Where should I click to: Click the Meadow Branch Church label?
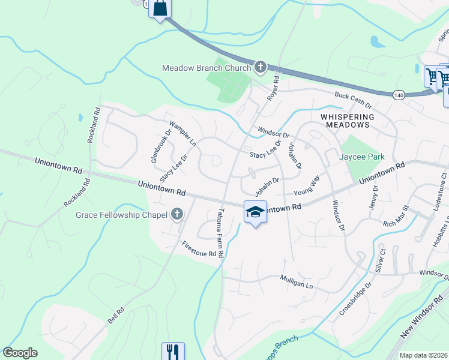point(206,68)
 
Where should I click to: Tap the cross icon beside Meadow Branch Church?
point(260,67)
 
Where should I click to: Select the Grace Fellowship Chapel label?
point(123,214)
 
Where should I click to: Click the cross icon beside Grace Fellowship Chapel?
point(177,214)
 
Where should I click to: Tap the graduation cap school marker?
point(255,212)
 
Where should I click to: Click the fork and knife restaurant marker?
point(173,352)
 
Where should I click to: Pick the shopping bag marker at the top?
point(160,8)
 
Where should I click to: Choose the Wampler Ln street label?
point(182,134)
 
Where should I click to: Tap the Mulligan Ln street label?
point(297,282)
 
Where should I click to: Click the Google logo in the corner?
point(20,353)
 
